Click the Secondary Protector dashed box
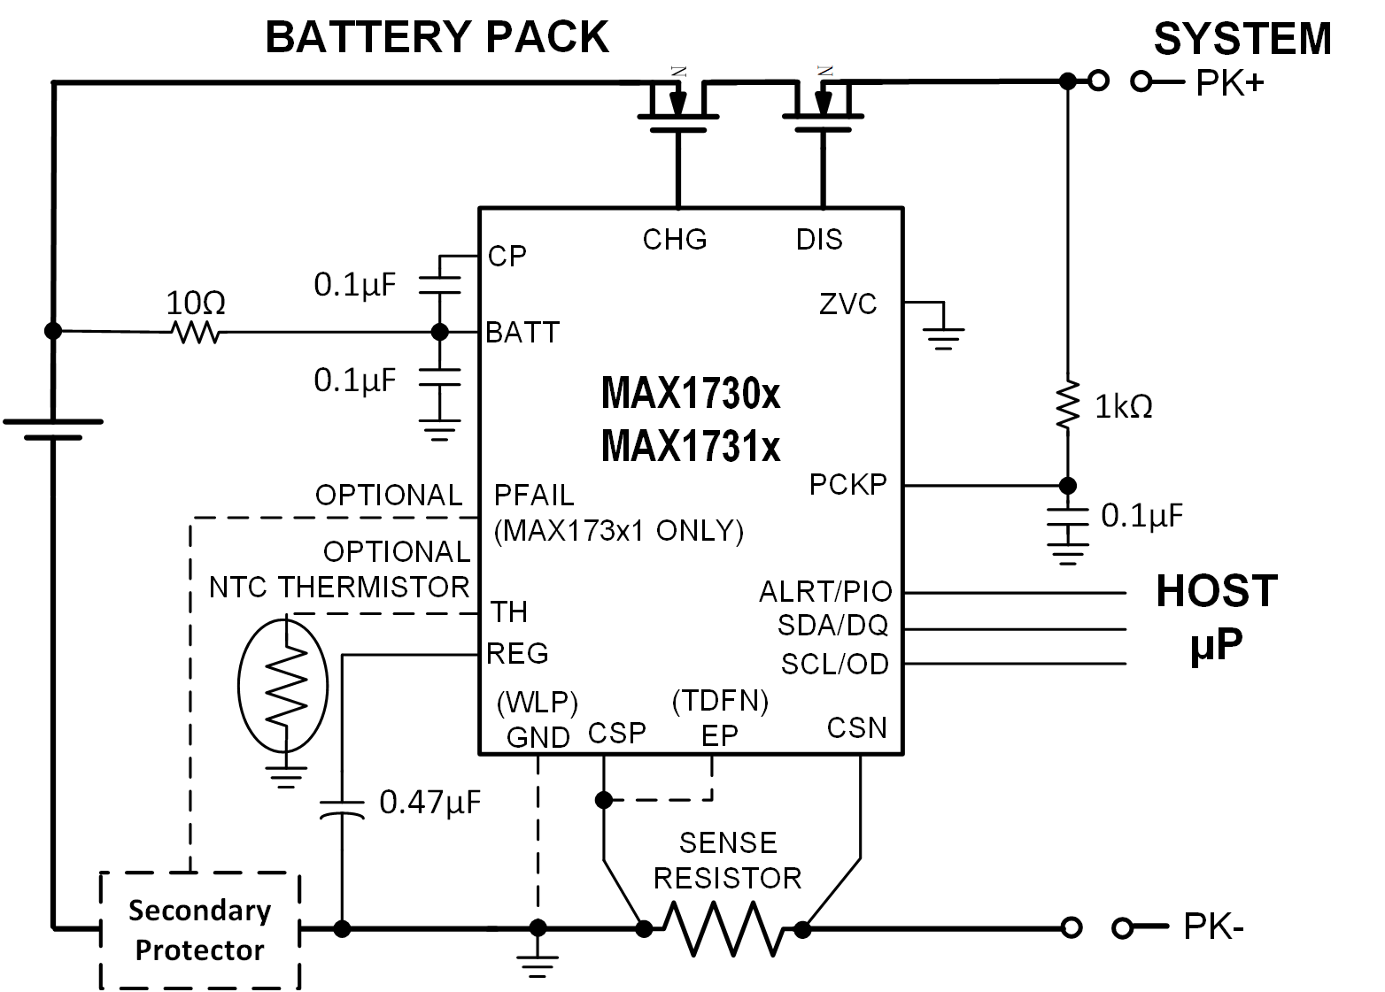point(200,930)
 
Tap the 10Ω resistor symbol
point(196,333)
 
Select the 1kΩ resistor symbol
point(1069,405)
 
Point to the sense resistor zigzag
point(723,929)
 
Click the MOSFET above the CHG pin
point(677,106)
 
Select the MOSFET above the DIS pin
point(823,106)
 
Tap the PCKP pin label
point(847,485)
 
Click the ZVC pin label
point(847,304)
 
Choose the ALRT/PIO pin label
point(825,591)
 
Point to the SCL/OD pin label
point(834,664)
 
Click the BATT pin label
point(522,333)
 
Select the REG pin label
point(517,654)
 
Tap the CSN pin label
point(856,727)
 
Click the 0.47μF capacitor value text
point(429,803)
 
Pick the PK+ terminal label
point(1230,83)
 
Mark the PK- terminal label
point(1214,927)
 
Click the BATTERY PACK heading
point(437,38)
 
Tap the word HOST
point(1216,591)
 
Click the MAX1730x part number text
point(691,393)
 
